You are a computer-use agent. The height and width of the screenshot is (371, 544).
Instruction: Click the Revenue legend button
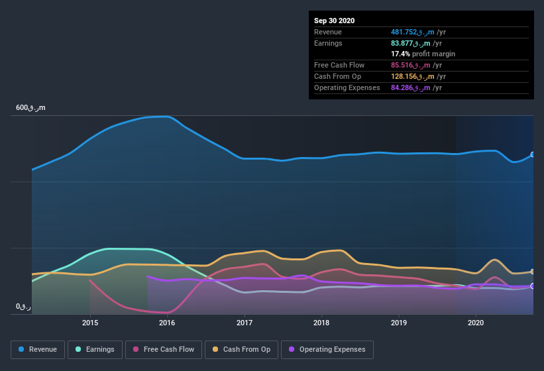[38, 349]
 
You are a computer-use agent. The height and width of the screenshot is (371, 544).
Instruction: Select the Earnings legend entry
[95, 349]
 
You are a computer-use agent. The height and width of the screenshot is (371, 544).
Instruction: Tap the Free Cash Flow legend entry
[164, 349]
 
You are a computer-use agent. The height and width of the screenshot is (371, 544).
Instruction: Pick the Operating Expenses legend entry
[327, 349]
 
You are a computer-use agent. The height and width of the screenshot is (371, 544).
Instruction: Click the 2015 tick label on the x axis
[90, 323]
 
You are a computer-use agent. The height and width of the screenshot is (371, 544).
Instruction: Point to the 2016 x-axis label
[167, 323]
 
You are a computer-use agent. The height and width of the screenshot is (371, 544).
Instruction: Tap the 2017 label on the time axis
[245, 323]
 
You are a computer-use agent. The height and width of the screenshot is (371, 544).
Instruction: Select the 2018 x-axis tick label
[321, 323]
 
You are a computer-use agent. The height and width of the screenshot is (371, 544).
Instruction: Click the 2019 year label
[398, 323]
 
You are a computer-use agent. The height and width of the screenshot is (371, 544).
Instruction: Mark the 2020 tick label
[475, 323]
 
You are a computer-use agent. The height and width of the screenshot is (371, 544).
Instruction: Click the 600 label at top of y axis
[30, 107]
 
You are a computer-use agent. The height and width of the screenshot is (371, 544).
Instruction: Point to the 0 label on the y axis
[23, 307]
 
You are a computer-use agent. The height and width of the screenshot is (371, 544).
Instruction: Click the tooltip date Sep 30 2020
[334, 21]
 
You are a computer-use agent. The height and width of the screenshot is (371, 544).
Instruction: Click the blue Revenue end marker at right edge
[533, 154]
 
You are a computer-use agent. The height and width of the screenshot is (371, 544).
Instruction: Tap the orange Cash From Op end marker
[533, 272]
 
